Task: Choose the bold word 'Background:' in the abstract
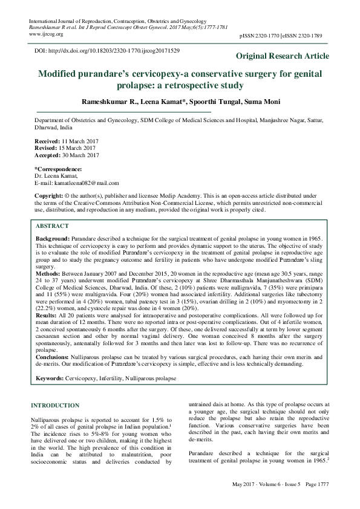pyautogui.click(x=53, y=240)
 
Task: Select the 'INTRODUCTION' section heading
pyautogui.click(x=55, y=404)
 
